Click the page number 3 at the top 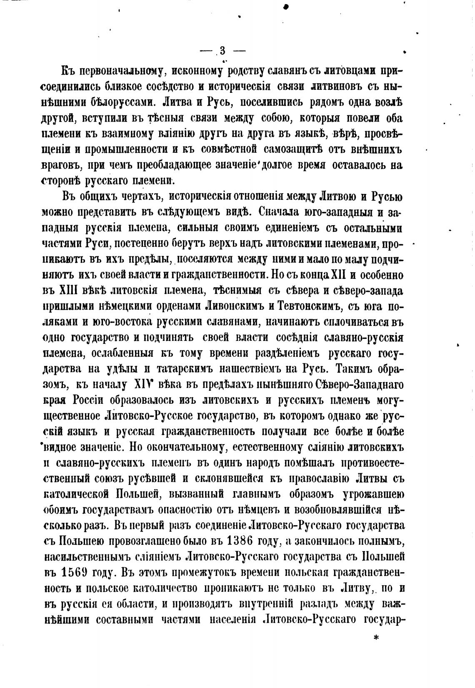(x=222, y=51)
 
